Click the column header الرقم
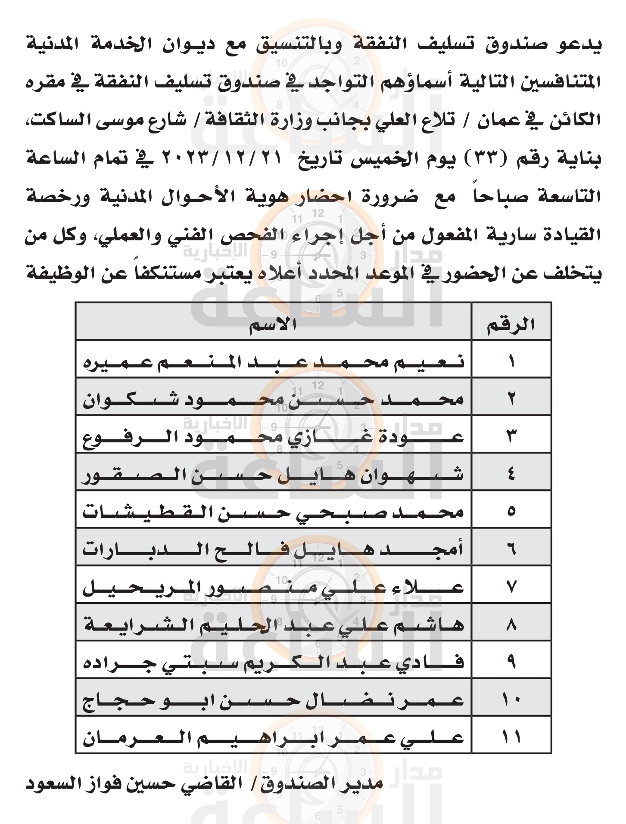point(511,324)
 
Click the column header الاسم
point(273,324)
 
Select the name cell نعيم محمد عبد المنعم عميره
point(273,361)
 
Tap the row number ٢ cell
point(511,398)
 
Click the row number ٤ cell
point(511,474)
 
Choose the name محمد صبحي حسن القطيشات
point(273,511)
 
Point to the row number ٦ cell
point(511,549)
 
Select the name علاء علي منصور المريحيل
point(273,587)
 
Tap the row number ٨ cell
point(511,624)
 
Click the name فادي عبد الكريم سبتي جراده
point(273,662)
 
